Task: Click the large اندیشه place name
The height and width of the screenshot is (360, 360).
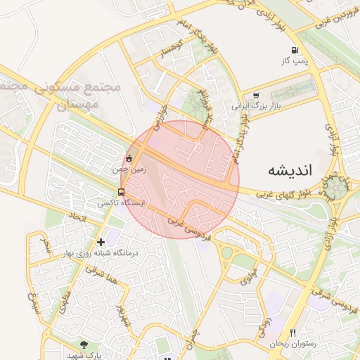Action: coord(292,171)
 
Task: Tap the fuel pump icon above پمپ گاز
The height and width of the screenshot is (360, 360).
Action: coord(294,50)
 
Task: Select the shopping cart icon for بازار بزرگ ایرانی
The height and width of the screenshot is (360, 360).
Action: coord(256,96)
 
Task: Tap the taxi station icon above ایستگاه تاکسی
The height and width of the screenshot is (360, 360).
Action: coord(122,192)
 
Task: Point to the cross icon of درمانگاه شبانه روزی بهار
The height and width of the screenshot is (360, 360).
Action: coord(101,242)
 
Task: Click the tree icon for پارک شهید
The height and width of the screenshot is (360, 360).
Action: coord(85,345)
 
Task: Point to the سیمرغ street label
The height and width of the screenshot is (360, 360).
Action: coord(32,301)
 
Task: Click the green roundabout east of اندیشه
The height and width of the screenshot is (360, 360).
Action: coord(336,188)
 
